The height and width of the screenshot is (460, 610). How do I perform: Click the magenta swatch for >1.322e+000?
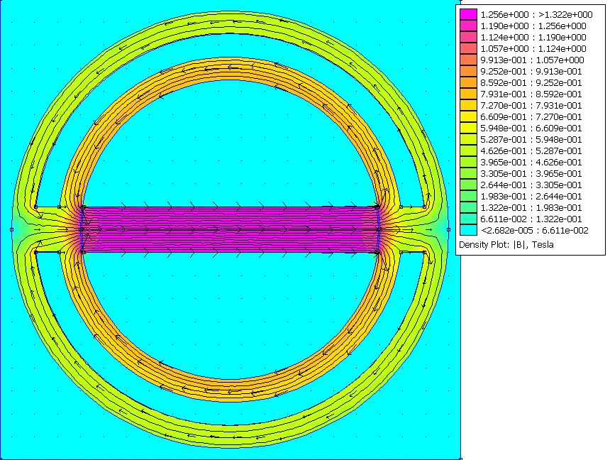pyautogui.click(x=468, y=14)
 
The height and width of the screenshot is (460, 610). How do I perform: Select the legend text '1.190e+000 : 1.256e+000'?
pyautogui.click(x=533, y=26)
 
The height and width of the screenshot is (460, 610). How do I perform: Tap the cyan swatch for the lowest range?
pyautogui.click(x=468, y=230)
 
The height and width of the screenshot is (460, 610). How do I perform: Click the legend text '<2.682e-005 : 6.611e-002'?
pyautogui.click(x=535, y=231)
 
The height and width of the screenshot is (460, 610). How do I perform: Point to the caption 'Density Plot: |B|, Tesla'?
pyautogui.click(x=506, y=245)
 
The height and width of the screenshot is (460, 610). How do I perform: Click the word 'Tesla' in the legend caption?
pyautogui.click(x=543, y=245)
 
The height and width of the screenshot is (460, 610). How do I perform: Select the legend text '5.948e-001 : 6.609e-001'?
pyautogui.click(x=531, y=128)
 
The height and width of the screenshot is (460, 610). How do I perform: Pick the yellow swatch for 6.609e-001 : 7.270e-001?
pyautogui.click(x=468, y=116)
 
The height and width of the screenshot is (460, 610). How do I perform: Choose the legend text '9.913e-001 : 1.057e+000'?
pyautogui.click(x=532, y=60)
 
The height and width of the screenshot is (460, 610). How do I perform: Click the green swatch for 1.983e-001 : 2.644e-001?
pyautogui.click(x=468, y=196)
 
